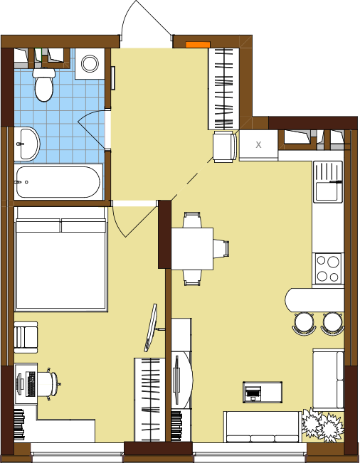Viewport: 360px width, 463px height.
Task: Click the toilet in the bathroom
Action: [44, 85]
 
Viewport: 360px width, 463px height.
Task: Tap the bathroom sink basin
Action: [26, 144]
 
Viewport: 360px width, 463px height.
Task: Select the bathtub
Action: [58, 182]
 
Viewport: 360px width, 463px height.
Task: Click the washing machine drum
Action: [90, 63]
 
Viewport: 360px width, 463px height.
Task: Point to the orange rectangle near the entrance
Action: [198, 45]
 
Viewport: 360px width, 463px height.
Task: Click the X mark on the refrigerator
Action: [258, 144]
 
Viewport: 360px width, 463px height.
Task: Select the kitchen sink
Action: [328, 181]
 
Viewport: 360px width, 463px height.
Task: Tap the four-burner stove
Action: [328, 268]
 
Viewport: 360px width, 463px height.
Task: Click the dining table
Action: [192, 249]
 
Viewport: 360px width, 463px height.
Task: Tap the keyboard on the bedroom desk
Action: [31, 384]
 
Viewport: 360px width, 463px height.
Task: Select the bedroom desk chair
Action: [48, 384]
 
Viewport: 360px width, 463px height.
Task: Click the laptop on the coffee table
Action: [253, 393]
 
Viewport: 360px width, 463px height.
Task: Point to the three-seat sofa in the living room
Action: [263, 427]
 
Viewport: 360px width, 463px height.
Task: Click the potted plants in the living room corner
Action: [323, 425]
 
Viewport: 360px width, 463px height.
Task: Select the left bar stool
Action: [305, 324]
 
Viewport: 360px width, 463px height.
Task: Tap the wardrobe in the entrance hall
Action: [224, 89]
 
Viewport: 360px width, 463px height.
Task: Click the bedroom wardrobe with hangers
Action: [149, 400]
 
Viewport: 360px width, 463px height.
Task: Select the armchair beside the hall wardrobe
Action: [225, 147]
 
